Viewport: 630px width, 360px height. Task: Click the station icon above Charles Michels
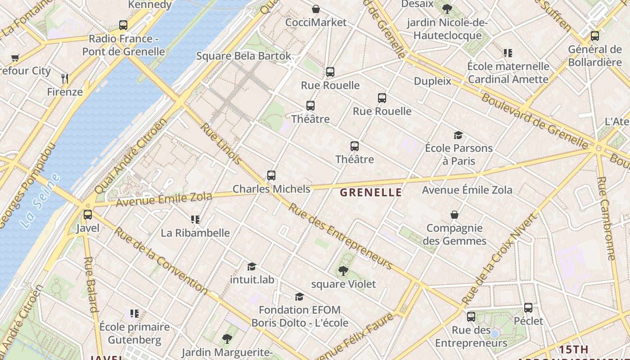(x=271, y=175)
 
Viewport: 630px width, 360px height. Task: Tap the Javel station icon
(x=88, y=215)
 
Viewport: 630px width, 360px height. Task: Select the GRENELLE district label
(x=371, y=193)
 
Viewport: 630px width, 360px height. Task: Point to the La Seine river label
(x=40, y=201)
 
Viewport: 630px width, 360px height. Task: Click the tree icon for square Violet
(x=343, y=271)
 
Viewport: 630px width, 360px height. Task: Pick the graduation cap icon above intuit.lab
(x=252, y=266)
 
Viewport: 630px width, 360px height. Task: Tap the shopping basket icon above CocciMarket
(x=316, y=9)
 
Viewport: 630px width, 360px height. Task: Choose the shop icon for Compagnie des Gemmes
(x=454, y=215)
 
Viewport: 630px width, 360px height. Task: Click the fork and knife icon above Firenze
(x=65, y=79)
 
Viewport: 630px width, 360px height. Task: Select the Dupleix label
(x=432, y=81)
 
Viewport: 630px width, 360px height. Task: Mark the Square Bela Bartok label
(x=243, y=56)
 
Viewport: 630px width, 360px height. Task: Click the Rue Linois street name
(x=220, y=143)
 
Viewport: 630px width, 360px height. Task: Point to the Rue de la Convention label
(x=160, y=261)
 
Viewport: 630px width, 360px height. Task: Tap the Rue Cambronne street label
(x=606, y=218)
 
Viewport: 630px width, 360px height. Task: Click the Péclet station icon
(x=528, y=308)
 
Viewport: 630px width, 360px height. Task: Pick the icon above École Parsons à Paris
(x=458, y=135)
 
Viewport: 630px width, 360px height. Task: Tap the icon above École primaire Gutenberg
(x=134, y=313)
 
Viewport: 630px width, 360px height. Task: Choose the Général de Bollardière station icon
(x=595, y=36)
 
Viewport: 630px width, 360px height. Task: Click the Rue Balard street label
(x=91, y=284)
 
